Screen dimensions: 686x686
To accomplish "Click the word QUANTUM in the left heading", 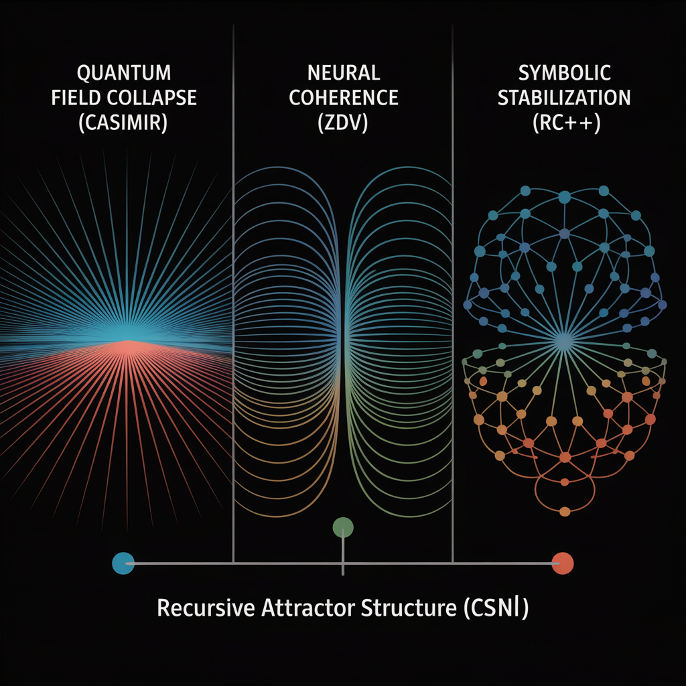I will [124, 72].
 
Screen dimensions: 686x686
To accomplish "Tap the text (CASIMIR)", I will [124, 125].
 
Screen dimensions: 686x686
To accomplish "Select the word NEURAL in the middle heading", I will [344, 72].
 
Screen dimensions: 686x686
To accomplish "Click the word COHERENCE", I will [344, 98].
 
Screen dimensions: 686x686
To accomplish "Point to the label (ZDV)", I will [344, 125].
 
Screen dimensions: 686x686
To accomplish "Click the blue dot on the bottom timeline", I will [124, 563].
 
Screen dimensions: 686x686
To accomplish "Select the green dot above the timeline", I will [343, 528].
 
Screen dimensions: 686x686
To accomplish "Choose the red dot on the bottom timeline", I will [563, 563].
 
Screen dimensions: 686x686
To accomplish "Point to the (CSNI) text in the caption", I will [492, 610].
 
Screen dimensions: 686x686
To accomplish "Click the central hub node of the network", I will [563, 342].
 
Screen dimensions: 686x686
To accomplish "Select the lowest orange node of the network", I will [564, 511].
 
